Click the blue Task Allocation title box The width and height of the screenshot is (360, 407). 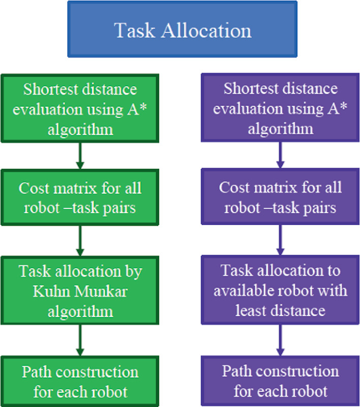pyautogui.click(x=182, y=29)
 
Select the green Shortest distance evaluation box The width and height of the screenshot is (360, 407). pyautogui.click(x=79, y=109)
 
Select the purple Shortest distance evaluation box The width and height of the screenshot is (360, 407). pyautogui.click(x=280, y=109)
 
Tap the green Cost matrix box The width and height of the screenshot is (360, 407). pyautogui.click(x=79, y=198)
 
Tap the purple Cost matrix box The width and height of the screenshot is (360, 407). pyautogui.click(x=280, y=198)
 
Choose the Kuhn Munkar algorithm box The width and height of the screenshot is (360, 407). pyautogui.click(x=79, y=291)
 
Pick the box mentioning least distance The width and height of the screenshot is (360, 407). pyautogui.click(x=280, y=291)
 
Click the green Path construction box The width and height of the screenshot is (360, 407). pyautogui.click(x=79, y=381)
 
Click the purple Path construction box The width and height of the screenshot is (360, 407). pyautogui.click(x=280, y=381)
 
